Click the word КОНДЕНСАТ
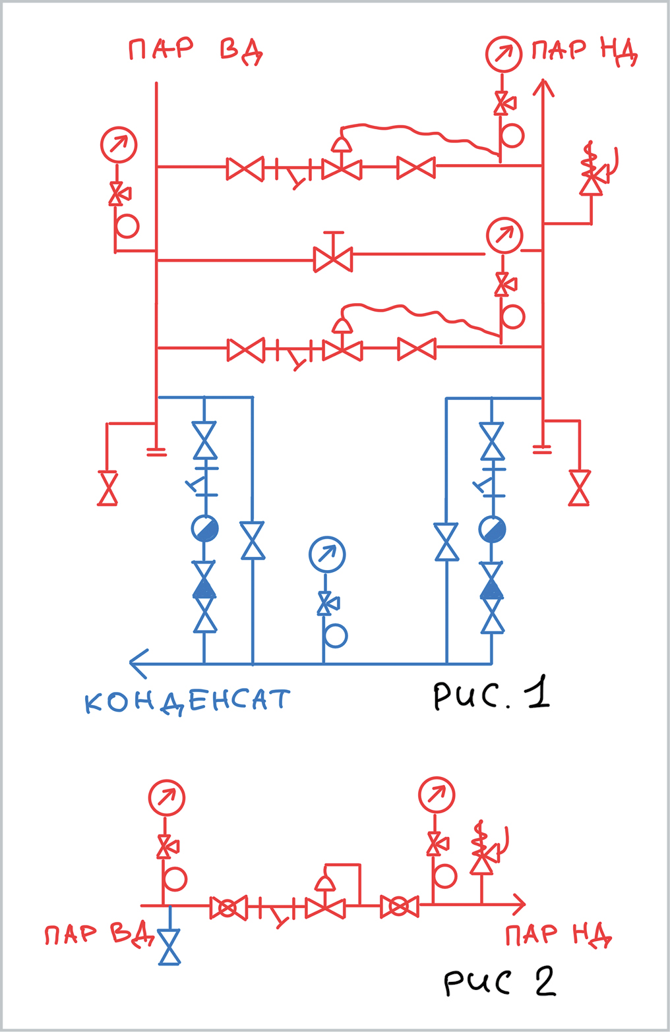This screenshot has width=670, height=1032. coord(187,701)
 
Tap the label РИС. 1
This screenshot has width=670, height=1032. coord(491,695)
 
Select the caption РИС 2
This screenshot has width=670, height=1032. coord(499,982)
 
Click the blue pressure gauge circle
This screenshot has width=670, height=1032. coord(327,555)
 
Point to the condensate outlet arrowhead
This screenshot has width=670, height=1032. coord(137,664)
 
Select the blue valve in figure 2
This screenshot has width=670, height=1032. coord(170,946)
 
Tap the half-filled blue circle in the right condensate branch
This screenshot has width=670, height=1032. coord(492,529)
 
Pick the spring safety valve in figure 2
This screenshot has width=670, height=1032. coord(482,855)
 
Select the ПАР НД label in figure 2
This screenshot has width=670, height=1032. coord(559,935)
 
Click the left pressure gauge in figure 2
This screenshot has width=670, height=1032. coord(167,797)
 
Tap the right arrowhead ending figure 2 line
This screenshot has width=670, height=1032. coord(519,904)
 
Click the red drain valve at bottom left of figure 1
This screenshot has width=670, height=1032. coord(107,488)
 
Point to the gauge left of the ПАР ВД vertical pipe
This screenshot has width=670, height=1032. coord(119,145)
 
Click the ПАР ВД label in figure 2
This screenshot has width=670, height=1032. coord(99,935)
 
